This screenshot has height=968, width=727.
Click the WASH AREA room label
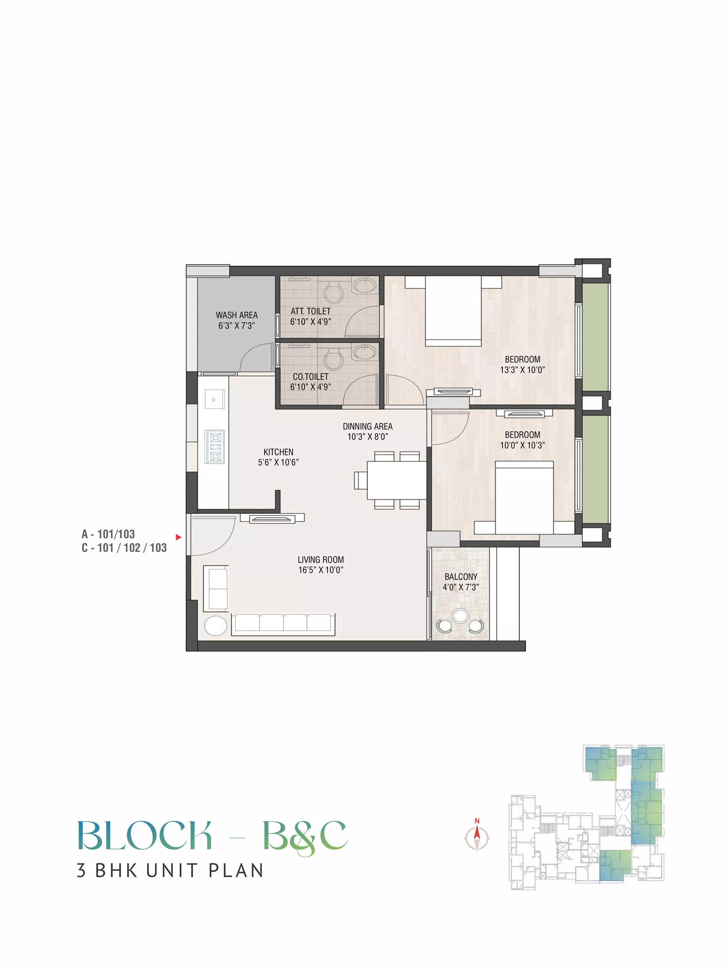tap(236, 315)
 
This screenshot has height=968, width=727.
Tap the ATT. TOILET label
tap(310, 311)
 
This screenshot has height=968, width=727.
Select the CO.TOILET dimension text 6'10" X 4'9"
tap(310, 387)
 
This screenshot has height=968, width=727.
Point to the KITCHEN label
tap(278, 452)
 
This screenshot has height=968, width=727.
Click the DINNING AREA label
tap(368, 426)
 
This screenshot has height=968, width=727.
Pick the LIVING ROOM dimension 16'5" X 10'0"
tap(321, 570)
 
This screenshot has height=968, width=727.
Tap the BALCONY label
tap(461, 577)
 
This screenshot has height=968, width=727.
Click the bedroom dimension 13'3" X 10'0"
tap(523, 370)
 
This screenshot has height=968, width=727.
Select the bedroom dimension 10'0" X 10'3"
tap(523, 445)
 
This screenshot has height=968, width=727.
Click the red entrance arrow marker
tap(179, 537)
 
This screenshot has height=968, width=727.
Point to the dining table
tap(397, 480)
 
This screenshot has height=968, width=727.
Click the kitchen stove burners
tap(215, 447)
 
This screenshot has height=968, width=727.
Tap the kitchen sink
tap(214, 399)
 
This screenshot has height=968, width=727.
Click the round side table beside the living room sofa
tap(216, 626)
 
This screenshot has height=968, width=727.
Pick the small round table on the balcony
tap(460, 616)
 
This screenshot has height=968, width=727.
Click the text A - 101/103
tap(108, 534)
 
